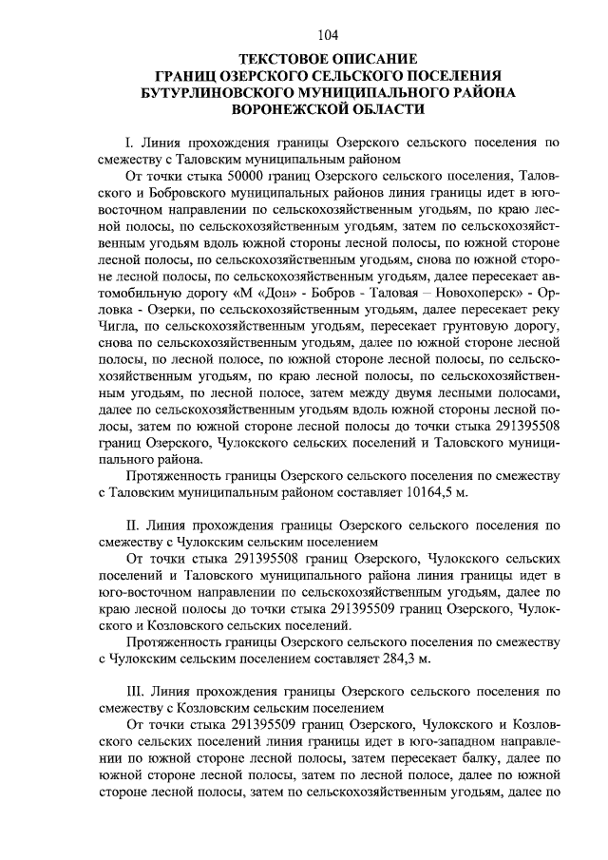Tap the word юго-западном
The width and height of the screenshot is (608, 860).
(x=423, y=740)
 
